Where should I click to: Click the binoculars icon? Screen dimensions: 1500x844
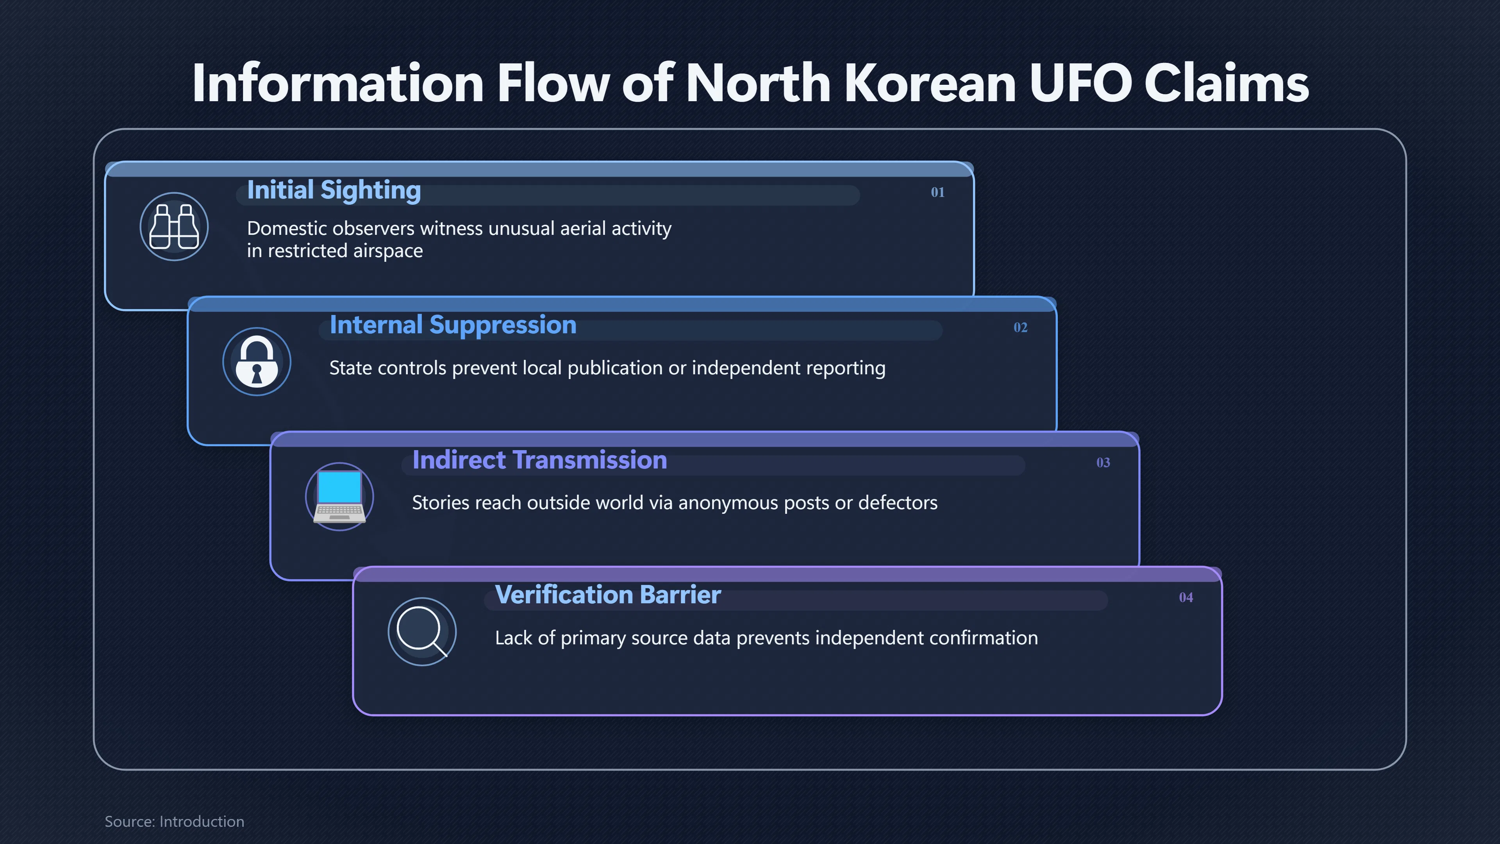tap(174, 227)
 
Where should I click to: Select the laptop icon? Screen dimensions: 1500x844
tap(339, 497)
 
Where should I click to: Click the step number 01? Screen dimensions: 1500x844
tap(937, 192)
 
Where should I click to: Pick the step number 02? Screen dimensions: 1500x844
tap(1020, 327)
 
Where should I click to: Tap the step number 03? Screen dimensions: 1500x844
tap(1103, 463)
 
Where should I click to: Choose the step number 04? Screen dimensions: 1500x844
tap(1186, 597)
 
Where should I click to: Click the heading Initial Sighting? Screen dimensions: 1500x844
tap(334, 190)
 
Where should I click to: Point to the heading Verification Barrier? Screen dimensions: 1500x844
tap(608, 595)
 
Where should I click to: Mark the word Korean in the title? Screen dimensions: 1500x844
tap(929, 83)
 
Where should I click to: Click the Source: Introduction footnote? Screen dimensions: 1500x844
tap(174, 821)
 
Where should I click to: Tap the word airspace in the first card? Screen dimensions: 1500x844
tap(388, 251)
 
